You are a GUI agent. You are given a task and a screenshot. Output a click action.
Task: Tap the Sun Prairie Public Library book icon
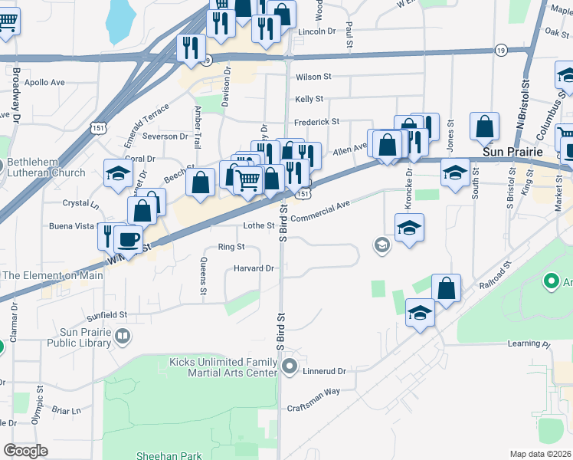coord(122,336)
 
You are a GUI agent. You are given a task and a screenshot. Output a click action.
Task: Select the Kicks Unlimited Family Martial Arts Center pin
coord(289,368)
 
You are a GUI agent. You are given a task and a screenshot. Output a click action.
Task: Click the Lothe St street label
coord(258,225)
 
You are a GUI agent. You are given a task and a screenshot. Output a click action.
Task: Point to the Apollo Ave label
coord(45,82)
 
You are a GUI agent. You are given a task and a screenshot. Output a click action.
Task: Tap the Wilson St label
coord(313,77)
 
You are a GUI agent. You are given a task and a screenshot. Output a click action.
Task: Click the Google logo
coord(25,451)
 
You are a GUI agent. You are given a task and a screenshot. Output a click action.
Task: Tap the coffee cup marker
coord(129,239)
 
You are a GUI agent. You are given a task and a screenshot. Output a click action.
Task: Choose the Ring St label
coord(231,247)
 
